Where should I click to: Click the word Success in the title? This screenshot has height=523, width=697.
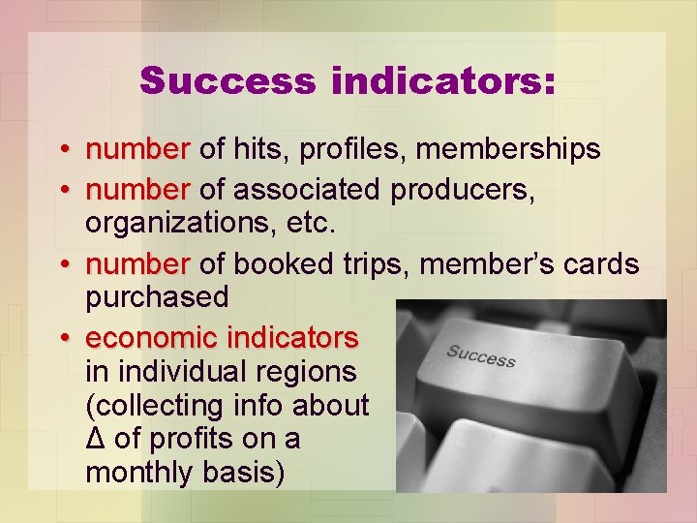[x=228, y=81]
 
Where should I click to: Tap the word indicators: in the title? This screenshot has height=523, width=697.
[x=443, y=81]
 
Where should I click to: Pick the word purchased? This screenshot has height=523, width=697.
[x=158, y=297]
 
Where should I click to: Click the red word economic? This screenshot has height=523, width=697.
[x=151, y=338]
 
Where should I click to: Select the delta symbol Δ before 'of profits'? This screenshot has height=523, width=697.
[x=95, y=439]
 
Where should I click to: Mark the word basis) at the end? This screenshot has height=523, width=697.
[x=247, y=474]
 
